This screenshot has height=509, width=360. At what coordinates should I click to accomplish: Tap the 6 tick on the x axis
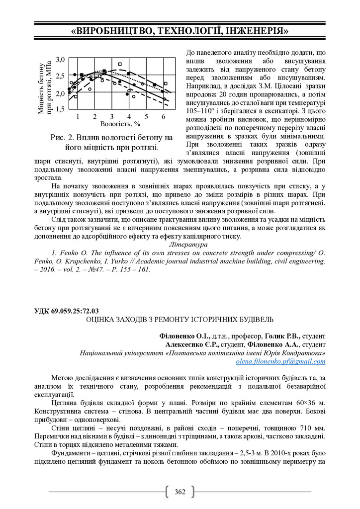pyautogui.click(x=164, y=116)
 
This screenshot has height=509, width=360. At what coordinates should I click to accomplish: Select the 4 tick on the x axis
pyautogui.click(x=129, y=116)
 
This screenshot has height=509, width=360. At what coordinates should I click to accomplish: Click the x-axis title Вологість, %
pyautogui.click(x=120, y=123)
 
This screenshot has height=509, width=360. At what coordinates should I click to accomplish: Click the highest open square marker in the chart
pyautogui.click(x=120, y=64)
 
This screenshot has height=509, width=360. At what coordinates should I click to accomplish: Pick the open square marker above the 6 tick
pyautogui.click(x=166, y=84)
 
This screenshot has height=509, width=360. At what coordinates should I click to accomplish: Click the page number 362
pyautogui.click(x=180, y=492)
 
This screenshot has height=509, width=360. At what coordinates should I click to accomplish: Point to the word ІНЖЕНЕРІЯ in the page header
pyautogui.click(x=256, y=31)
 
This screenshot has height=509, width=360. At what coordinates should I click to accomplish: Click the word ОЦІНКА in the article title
pyautogui.click(x=102, y=319)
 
